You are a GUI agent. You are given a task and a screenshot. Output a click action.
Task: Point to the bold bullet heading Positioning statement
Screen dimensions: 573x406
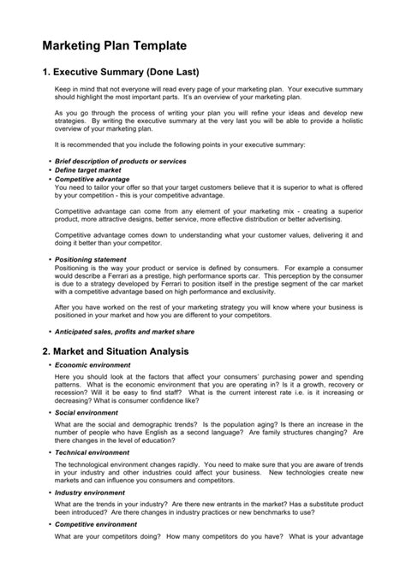93,258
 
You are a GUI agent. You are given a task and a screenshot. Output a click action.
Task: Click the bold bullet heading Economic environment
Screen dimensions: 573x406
94,365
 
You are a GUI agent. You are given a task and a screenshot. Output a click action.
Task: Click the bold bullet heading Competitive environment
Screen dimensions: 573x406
99,523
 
